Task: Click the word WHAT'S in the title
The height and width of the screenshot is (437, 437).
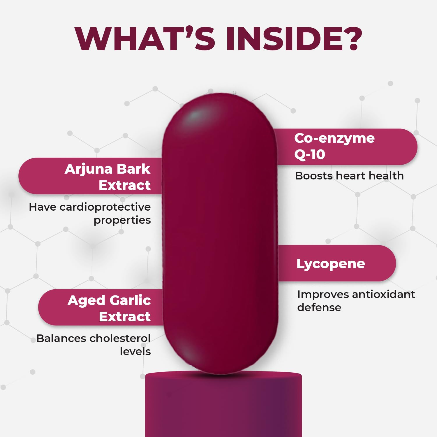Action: pos(145,39)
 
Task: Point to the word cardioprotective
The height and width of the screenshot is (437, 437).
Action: pos(105,207)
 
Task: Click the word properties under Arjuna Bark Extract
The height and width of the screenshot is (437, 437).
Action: pos(122,221)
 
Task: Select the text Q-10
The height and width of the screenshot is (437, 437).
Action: pos(310,154)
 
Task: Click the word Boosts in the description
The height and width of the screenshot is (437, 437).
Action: pos(314,176)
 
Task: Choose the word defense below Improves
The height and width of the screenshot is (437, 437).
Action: pos(319,307)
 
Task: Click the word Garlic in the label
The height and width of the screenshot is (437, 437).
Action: pos(130,300)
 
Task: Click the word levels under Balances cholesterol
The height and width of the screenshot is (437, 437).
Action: pos(135,352)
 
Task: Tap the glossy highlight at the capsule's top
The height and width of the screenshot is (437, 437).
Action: pos(195,116)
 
